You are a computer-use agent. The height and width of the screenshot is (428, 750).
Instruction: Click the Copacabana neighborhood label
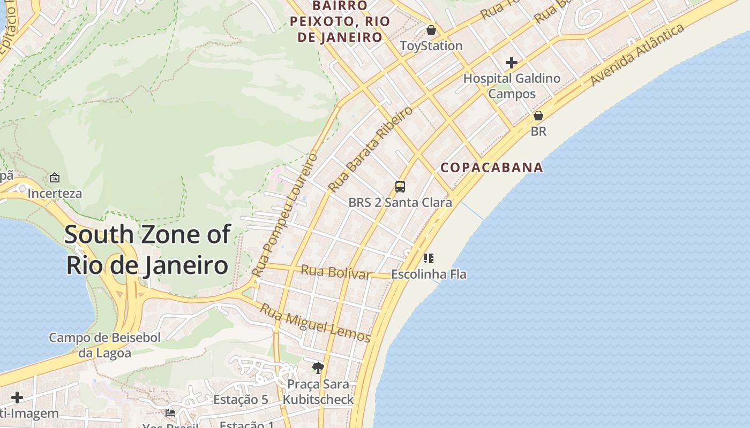pyautogui.click(x=492, y=167)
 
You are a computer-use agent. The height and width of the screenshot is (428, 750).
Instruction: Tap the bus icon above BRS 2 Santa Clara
pyautogui.click(x=400, y=187)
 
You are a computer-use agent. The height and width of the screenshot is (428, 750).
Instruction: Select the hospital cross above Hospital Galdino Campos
pyautogui.click(x=512, y=63)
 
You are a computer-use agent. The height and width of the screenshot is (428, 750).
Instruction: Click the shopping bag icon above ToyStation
pyautogui.click(x=431, y=30)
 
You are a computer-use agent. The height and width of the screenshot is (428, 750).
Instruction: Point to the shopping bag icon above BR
pyautogui.click(x=538, y=116)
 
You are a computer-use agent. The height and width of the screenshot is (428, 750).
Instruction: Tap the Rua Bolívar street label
pyautogui.click(x=335, y=272)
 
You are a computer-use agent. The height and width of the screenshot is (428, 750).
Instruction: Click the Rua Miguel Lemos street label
pyautogui.click(x=315, y=323)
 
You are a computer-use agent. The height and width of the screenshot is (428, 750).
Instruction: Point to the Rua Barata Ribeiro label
pyautogui.click(x=371, y=149)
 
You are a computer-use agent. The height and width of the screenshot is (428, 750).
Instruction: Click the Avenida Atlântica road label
pyautogui.click(x=637, y=55)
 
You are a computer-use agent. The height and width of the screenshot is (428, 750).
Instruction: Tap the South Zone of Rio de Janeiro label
pyautogui.click(x=147, y=250)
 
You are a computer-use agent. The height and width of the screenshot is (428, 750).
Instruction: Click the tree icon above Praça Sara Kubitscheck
pyautogui.click(x=318, y=368)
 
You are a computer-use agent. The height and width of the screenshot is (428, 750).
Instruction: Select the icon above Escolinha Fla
pyautogui.click(x=428, y=259)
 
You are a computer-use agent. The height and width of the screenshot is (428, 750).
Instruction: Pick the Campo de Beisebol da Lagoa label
pyautogui.click(x=104, y=345)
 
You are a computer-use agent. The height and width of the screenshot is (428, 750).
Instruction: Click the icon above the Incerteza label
pyautogui.click(x=55, y=178)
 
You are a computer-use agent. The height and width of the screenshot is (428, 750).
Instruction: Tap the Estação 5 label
pyautogui.click(x=241, y=400)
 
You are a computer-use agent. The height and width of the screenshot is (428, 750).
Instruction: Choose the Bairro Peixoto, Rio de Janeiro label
pyautogui.click(x=340, y=21)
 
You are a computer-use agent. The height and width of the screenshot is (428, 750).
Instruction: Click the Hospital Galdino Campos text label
pyautogui.click(x=512, y=86)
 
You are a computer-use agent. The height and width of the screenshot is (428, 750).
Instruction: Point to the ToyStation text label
pyautogui.click(x=431, y=46)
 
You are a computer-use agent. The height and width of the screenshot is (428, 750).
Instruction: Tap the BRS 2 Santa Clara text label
pyautogui.click(x=400, y=203)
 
